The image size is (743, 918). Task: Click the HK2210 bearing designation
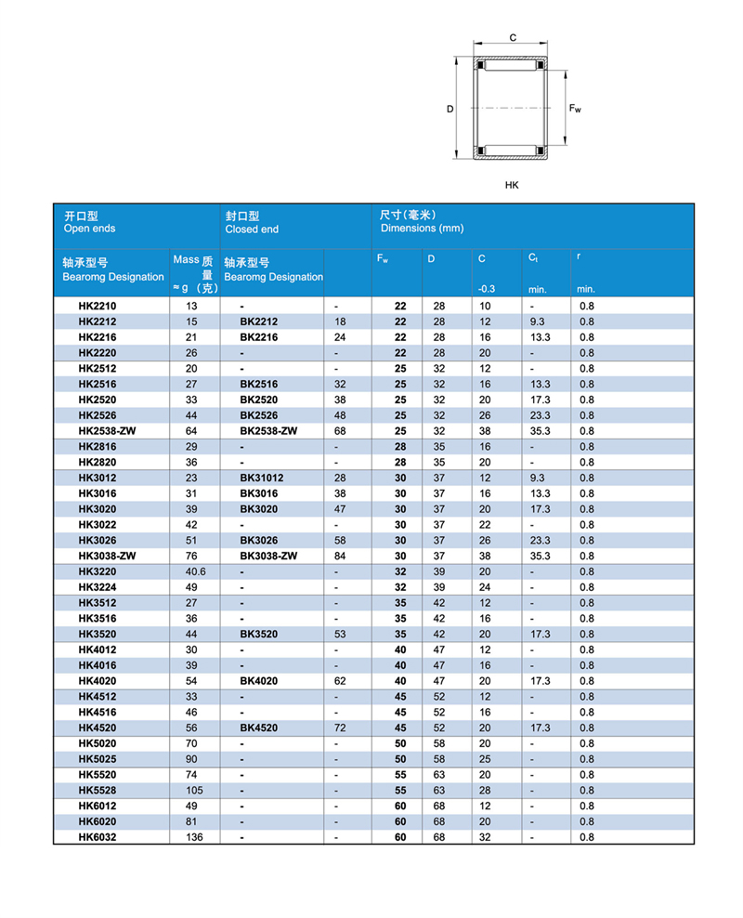tap(98, 306)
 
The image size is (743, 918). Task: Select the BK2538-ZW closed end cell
tap(267, 430)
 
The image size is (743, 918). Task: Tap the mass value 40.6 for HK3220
tap(195, 571)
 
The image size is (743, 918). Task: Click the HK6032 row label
tap(98, 837)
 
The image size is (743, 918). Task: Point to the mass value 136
tap(192, 837)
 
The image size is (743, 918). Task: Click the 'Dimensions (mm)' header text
tap(422, 229)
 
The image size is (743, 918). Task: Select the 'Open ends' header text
tap(89, 229)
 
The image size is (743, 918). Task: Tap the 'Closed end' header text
tap(252, 229)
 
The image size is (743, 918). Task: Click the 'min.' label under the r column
tap(585, 289)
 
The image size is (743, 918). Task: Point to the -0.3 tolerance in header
tap(486, 289)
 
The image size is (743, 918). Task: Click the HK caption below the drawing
tap(512, 185)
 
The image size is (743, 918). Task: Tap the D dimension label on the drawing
tap(450, 109)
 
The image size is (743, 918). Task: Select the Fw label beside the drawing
tap(575, 109)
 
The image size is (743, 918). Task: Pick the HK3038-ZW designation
tap(107, 556)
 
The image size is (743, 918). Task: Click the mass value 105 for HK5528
tap(192, 791)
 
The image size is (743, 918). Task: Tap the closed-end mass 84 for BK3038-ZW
tap(339, 556)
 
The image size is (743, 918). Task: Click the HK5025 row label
tap(98, 759)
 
